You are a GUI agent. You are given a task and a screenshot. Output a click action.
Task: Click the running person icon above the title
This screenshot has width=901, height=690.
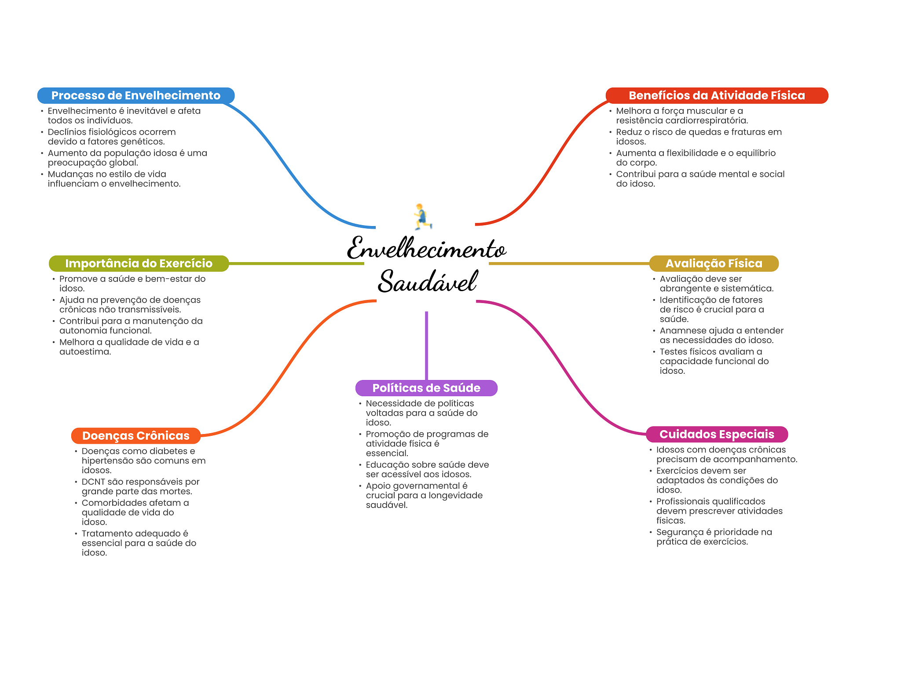[x=422, y=216]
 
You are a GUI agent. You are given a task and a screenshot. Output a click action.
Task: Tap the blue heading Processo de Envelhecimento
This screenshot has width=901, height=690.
[x=136, y=95]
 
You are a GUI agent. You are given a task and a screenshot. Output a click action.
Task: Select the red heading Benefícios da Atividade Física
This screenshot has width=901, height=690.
[x=716, y=95]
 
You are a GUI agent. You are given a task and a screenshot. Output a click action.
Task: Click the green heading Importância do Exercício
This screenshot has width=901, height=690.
[x=139, y=263]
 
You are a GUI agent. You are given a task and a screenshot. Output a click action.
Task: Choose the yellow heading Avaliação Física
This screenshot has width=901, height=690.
[x=714, y=263]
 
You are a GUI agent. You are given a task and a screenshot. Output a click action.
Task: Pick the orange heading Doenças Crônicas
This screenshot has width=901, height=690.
[x=136, y=435]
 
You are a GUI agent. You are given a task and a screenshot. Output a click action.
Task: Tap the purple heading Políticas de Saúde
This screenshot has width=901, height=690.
[x=426, y=388]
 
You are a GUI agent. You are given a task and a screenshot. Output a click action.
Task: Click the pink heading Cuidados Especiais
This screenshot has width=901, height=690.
[x=716, y=434]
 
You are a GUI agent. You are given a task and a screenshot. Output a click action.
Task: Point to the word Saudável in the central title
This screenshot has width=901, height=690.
[x=428, y=281]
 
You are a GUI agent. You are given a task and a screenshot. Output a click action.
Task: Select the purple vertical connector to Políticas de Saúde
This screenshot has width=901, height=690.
[x=426, y=345]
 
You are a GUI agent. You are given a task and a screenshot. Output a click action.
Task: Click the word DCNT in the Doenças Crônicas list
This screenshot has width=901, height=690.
[x=93, y=482]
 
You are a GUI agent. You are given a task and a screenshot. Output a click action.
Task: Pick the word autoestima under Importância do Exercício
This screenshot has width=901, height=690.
[x=84, y=352]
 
